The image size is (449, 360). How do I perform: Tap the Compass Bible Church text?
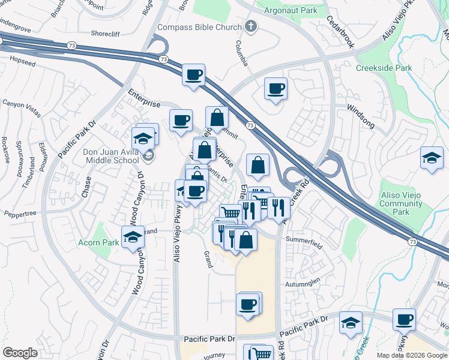pos(199,27)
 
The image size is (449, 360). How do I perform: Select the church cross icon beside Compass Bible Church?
pos(251,27)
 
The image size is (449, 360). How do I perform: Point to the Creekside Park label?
pos(384,68)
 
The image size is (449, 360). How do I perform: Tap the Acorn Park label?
pos(98,242)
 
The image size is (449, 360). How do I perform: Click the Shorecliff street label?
pos(110,34)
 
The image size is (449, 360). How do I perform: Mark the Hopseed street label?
pos(23,61)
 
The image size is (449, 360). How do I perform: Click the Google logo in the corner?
pos(20,353)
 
